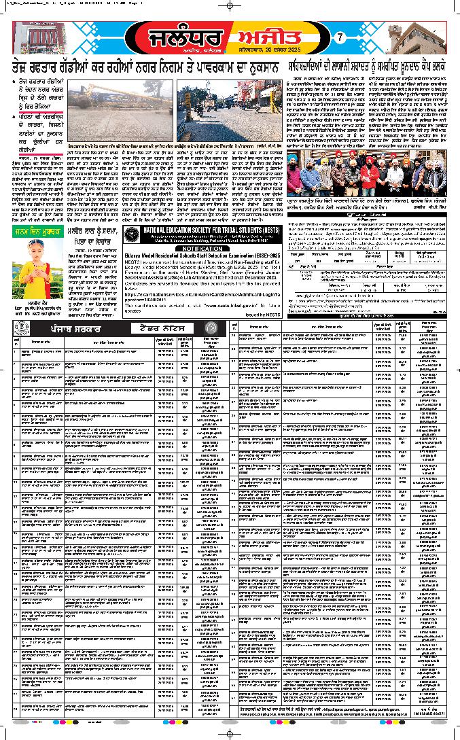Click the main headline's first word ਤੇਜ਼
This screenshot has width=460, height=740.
click(x=24, y=68)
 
